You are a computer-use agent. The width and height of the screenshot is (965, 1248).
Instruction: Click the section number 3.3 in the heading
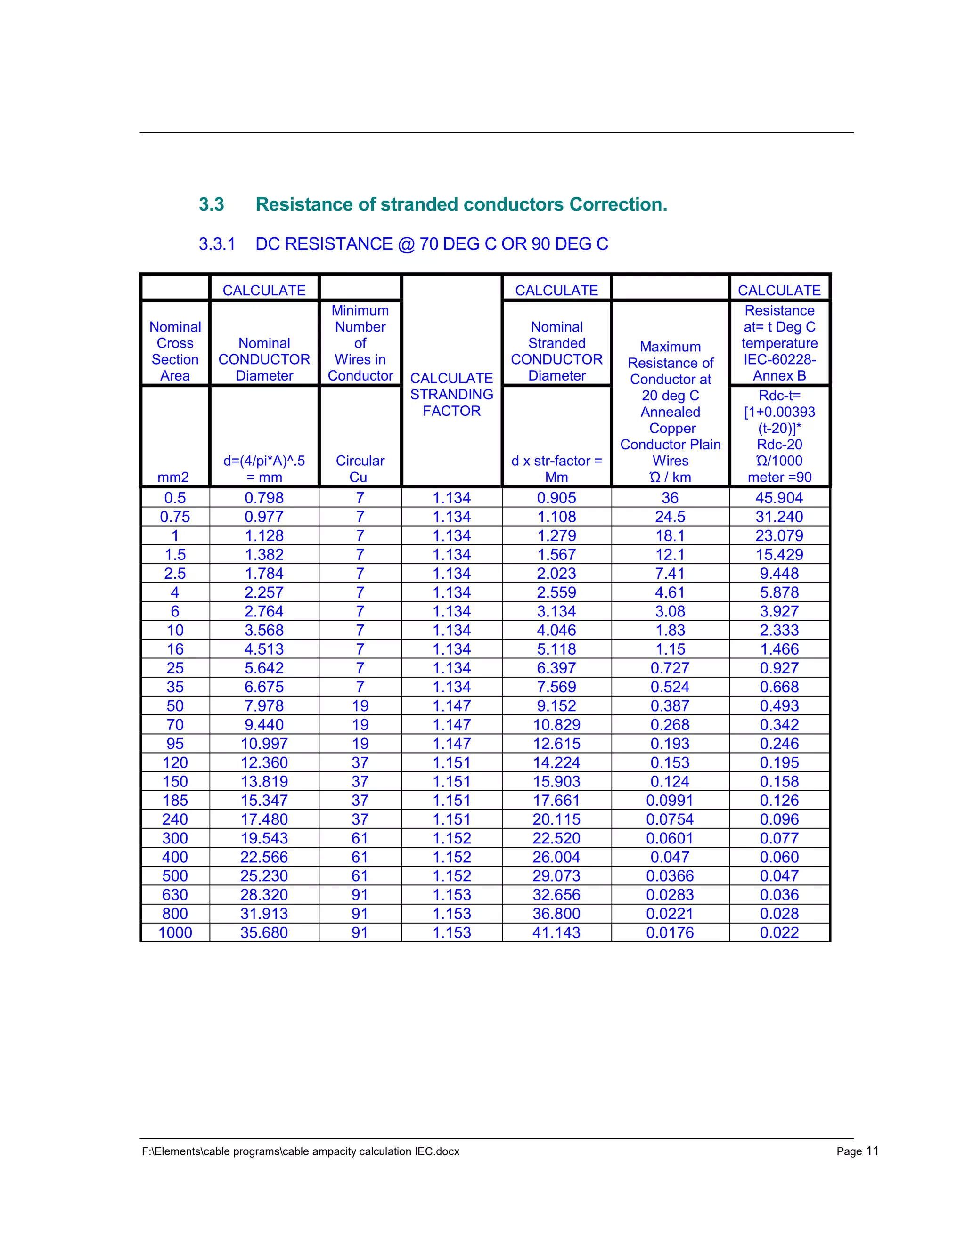211,204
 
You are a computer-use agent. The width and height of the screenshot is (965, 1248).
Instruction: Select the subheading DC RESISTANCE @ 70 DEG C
432,244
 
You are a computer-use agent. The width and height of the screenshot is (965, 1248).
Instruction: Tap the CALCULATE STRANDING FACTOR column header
451,394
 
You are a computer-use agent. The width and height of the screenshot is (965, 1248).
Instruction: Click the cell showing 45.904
779,498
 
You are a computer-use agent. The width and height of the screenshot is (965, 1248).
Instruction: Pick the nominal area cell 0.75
175,517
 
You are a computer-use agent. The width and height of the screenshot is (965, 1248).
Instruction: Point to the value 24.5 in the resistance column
670,517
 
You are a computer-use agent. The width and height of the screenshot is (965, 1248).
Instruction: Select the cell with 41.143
556,932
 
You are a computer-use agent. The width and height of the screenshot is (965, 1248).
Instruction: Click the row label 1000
175,932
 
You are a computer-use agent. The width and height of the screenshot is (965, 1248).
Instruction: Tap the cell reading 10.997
264,744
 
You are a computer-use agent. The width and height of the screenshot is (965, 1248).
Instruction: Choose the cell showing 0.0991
670,801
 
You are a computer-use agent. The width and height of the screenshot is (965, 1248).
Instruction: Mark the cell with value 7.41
670,573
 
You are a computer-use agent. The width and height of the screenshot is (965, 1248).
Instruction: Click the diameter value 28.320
264,895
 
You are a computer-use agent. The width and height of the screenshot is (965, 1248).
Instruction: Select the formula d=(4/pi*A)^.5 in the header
264,461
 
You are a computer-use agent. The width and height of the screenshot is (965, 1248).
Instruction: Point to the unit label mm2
173,477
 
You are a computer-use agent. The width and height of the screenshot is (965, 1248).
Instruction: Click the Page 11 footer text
857,1151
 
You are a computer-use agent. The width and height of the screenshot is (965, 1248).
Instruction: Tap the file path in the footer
301,1151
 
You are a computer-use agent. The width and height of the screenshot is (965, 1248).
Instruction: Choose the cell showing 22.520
556,838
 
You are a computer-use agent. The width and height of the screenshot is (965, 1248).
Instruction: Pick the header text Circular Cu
360,469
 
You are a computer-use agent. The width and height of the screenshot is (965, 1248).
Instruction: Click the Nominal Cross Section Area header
175,351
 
